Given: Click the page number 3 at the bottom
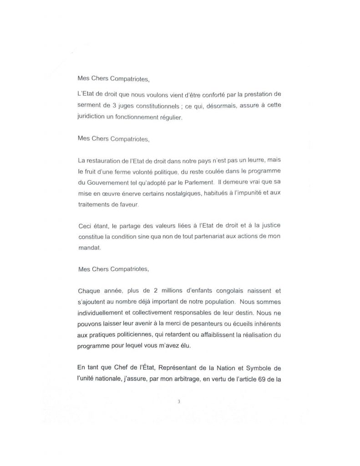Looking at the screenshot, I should click(x=179, y=402).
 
